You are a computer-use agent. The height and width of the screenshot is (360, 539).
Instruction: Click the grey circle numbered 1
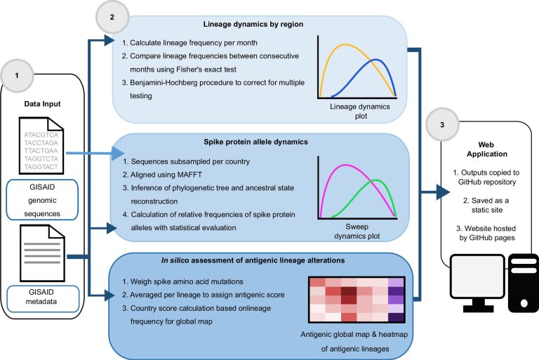point(17,76)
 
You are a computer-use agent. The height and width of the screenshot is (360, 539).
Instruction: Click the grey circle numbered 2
point(112,17)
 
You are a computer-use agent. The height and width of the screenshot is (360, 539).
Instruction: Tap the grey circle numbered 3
point(442,124)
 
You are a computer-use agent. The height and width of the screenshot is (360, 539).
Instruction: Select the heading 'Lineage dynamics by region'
point(253,24)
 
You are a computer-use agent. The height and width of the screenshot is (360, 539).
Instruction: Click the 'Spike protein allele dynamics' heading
point(255,142)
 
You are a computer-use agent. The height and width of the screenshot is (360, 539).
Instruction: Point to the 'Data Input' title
point(42,104)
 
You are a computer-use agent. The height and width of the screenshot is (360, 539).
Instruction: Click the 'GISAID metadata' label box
point(43,298)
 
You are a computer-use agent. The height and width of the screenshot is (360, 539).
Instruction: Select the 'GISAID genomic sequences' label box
point(42,200)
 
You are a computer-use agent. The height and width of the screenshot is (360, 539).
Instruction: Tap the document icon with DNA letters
point(41,145)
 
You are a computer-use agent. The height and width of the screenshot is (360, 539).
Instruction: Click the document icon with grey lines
point(42,253)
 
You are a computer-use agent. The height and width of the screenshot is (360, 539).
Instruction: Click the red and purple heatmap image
point(357,300)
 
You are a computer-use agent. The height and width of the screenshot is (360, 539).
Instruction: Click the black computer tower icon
point(524,283)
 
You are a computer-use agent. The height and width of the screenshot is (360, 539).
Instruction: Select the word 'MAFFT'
point(189,175)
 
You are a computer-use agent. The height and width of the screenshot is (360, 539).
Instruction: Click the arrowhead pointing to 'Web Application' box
point(444,192)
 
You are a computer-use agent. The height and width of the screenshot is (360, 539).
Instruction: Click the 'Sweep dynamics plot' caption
point(357,232)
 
